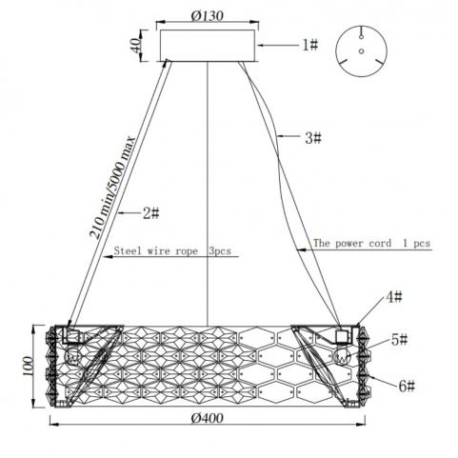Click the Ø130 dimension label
click(x=208, y=15)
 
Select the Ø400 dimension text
click(x=207, y=418)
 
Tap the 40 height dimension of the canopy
click(x=135, y=46)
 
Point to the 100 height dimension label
click(x=28, y=366)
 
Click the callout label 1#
click(x=309, y=45)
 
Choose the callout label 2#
click(x=150, y=213)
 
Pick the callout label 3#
click(x=313, y=138)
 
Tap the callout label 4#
click(x=394, y=297)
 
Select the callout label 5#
click(x=399, y=340)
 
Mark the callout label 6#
click(x=407, y=387)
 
